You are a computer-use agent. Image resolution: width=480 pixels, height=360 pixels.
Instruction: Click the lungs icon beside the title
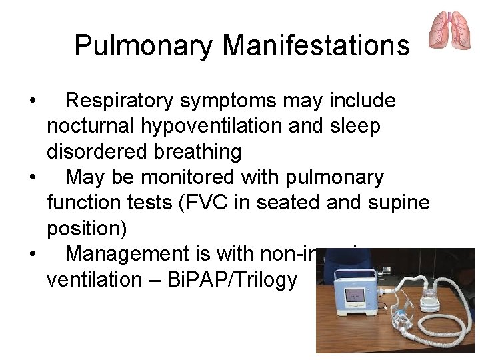[450, 30]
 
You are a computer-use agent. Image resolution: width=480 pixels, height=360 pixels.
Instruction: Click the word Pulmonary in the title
[143, 45]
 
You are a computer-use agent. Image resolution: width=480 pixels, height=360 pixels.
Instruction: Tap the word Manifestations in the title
[316, 45]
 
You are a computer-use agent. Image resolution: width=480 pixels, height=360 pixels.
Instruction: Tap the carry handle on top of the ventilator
[356, 270]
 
